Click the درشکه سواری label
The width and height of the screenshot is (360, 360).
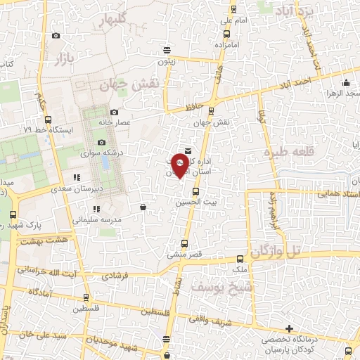pyautogui.click(x=101, y=153)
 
